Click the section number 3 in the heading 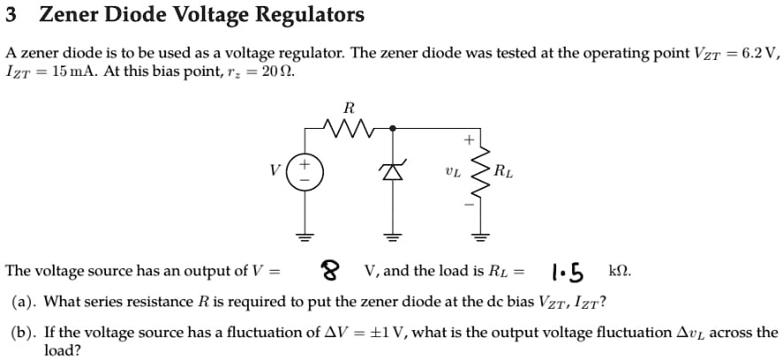(x=11, y=15)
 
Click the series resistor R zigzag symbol (x=349, y=130)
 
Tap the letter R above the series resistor (x=348, y=109)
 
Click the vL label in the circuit (x=453, y=171)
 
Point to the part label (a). (x=24, y=302)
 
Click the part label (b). (x=24, y=333)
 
